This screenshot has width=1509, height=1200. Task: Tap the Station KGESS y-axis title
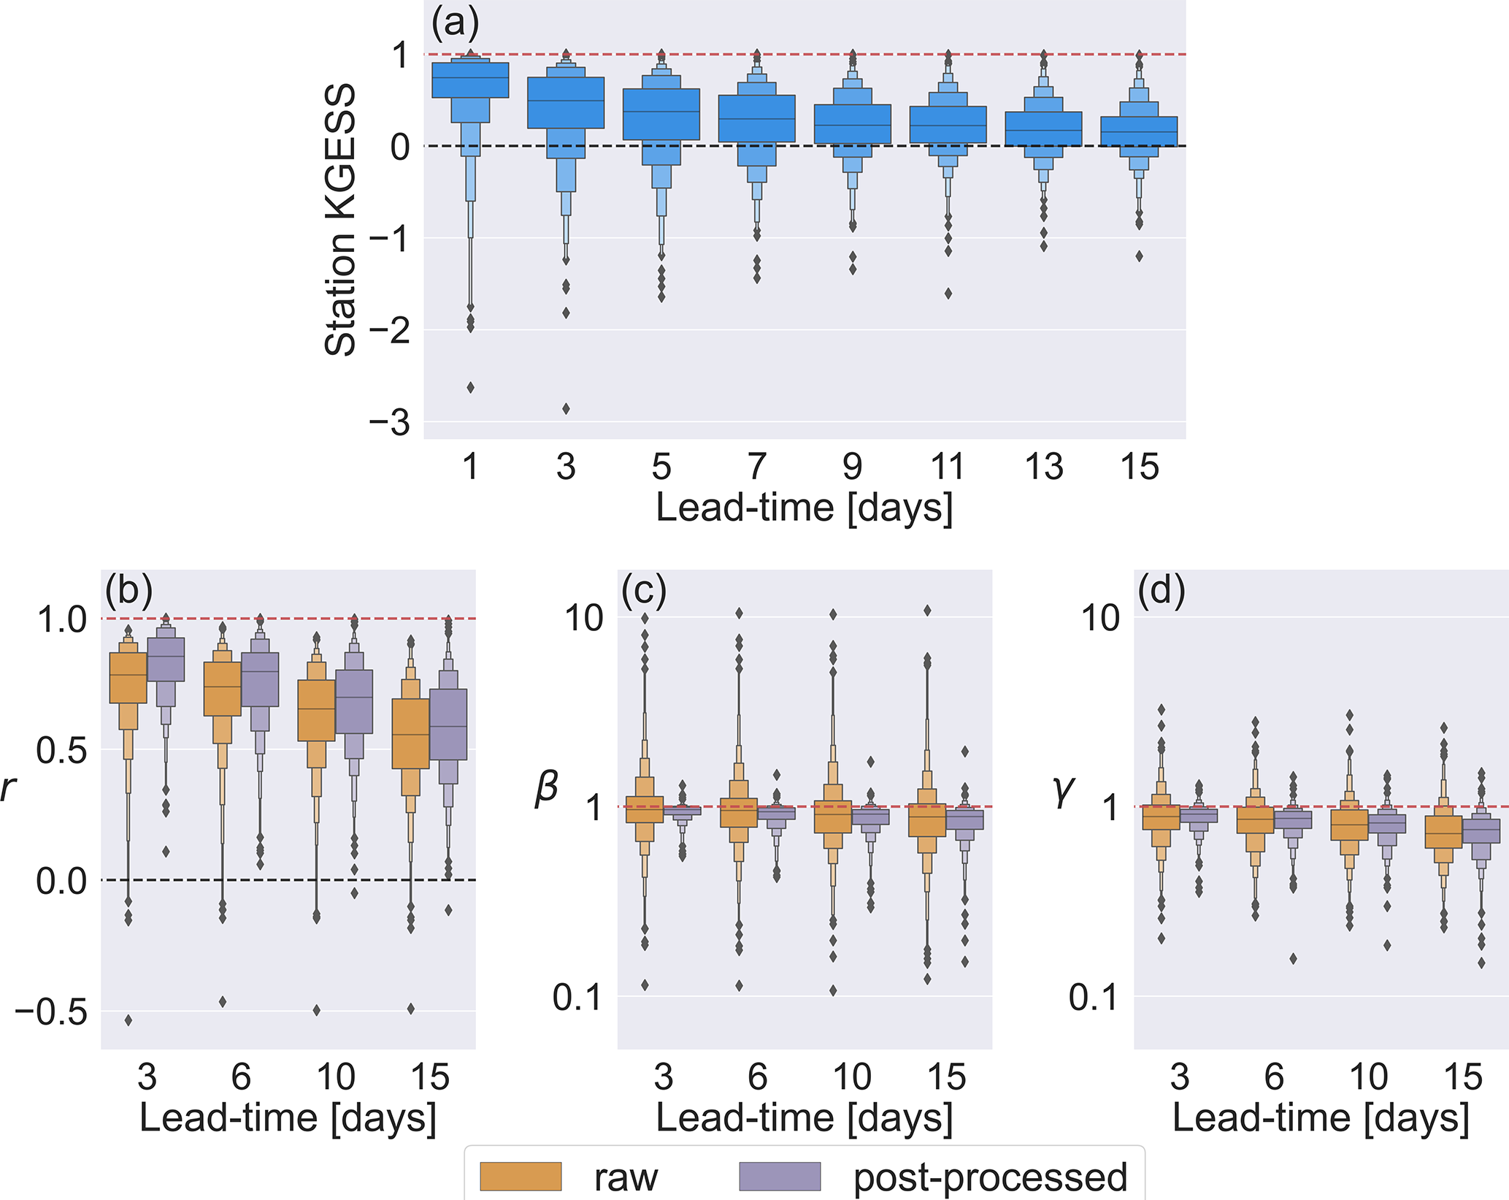tap(339, 220)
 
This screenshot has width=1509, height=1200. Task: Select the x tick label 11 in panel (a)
tap(948, 467)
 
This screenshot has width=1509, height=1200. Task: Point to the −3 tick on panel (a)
tap(390, 423)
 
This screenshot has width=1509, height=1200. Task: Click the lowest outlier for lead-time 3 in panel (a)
tap(567, 409)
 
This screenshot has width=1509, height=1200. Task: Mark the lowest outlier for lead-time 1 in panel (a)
tap(471, 388)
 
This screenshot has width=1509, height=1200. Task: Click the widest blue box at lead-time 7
tap(756, 118)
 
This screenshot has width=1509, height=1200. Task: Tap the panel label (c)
tap(643, 591)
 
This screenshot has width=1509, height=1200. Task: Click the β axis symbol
tap(546, 789)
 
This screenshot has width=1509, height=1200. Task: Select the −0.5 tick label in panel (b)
tap(50, 1012)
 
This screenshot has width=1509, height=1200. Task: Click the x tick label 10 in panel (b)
tap(335, 1077)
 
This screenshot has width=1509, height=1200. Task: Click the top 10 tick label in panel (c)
tap(585, 619)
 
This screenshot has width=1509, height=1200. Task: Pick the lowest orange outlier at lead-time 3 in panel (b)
tap(128, 1020)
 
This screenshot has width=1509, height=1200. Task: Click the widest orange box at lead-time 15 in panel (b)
tap(410, 733)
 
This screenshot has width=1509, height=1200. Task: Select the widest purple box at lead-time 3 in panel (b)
tap(166, 660)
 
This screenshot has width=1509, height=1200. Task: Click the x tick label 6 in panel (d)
tap(1274, 1077)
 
